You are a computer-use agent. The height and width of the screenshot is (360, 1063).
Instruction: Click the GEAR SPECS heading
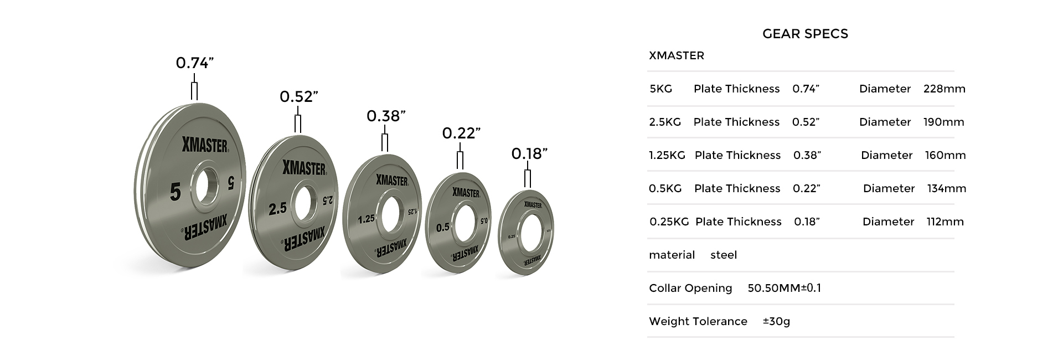coord(805,34)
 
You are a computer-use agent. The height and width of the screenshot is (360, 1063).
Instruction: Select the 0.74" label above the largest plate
coord(194,63)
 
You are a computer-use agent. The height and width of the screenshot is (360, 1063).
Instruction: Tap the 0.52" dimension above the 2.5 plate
coord(298,97)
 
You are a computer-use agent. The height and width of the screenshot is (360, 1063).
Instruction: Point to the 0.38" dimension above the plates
coord(386,116)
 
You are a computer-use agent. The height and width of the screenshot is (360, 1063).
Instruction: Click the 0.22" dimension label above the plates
coord(461,133)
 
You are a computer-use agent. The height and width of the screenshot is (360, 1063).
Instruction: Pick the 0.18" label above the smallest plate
coord(529,153)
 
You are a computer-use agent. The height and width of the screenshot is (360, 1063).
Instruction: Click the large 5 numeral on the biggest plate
coord(176,192)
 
